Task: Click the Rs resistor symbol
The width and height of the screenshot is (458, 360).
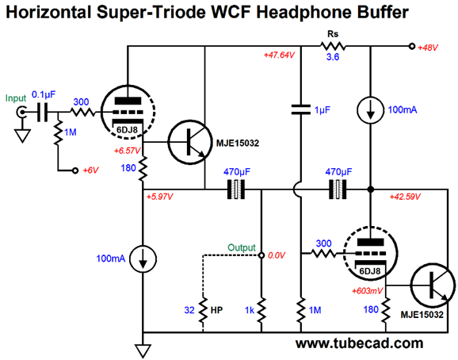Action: click(333, 46)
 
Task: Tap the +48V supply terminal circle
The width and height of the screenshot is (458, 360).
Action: click(412, 46)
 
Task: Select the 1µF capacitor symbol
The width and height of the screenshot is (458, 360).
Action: click(301, 109)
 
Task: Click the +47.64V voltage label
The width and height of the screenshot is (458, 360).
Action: click(279, 56)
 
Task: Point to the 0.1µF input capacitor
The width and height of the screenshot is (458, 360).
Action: click(42, 112)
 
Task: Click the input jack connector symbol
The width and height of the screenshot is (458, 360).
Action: click(21, 112)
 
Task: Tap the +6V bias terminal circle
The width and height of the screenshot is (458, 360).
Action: click(75, 170)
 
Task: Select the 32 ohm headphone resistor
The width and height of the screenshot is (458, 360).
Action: click(203, 310)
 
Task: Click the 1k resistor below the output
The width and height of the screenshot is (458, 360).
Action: click(261, 310)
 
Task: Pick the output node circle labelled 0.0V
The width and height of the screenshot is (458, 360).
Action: click(261, 255)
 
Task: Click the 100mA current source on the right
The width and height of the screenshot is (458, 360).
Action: click(370, 110)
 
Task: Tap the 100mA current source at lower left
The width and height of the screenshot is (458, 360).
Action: click(143, 259)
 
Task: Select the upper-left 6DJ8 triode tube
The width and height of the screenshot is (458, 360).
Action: click(128, 112)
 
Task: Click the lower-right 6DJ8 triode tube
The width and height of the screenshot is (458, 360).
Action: click(370, 254)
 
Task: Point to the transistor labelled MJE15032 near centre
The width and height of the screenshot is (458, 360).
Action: click(190, 142)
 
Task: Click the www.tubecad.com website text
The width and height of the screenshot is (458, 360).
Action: click(359, 343)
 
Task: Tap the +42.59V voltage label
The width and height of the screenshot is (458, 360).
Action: click(405, 197)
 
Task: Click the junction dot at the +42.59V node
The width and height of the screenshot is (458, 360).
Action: click(370, 190)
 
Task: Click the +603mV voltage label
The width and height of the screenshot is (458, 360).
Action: click(367, 291)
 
